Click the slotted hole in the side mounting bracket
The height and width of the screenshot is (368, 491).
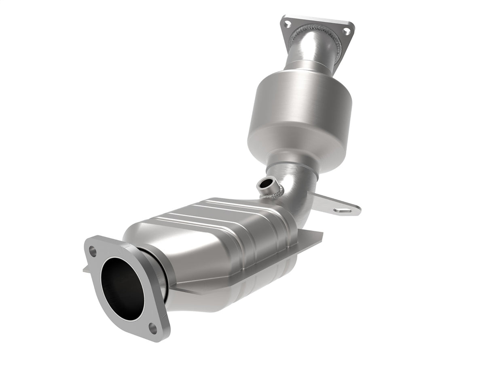click(x=343, y=210)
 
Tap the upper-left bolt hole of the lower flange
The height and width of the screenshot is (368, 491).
click(x=93, y=252)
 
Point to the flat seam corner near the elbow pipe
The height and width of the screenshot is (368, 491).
click(x=309, y=236)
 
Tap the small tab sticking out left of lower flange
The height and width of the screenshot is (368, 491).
click(x=86, y=270)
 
